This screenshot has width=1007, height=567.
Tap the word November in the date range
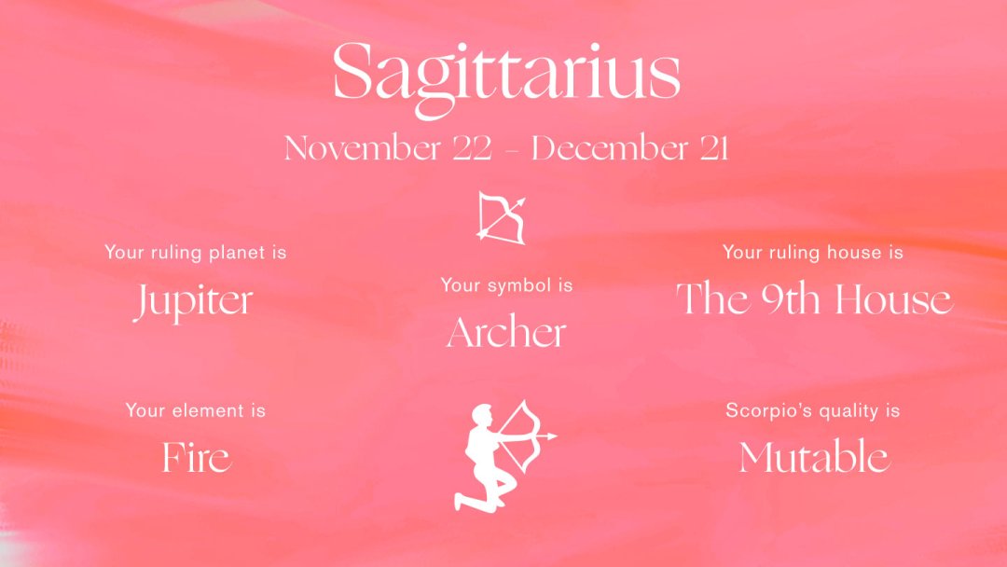click(362, 148)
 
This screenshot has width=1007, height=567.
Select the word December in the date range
click(610, 148)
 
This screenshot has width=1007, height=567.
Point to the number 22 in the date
click(472, 148)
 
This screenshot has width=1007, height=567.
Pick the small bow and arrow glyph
click(502, 217)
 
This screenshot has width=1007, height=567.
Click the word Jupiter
click(194, 301)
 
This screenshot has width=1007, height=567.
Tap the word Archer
click(506, 332)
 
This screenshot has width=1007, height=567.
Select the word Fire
click(196, 457)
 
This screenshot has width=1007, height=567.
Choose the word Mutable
click(814, 457)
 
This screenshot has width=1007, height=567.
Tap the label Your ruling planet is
click(195, 253)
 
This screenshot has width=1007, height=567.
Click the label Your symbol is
click(506, 285)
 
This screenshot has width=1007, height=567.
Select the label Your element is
click(195, 410)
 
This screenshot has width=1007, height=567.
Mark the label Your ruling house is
click(812, 253)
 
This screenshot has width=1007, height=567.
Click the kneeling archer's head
click(481, 415)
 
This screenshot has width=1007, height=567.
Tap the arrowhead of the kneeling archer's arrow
click(550, 436)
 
